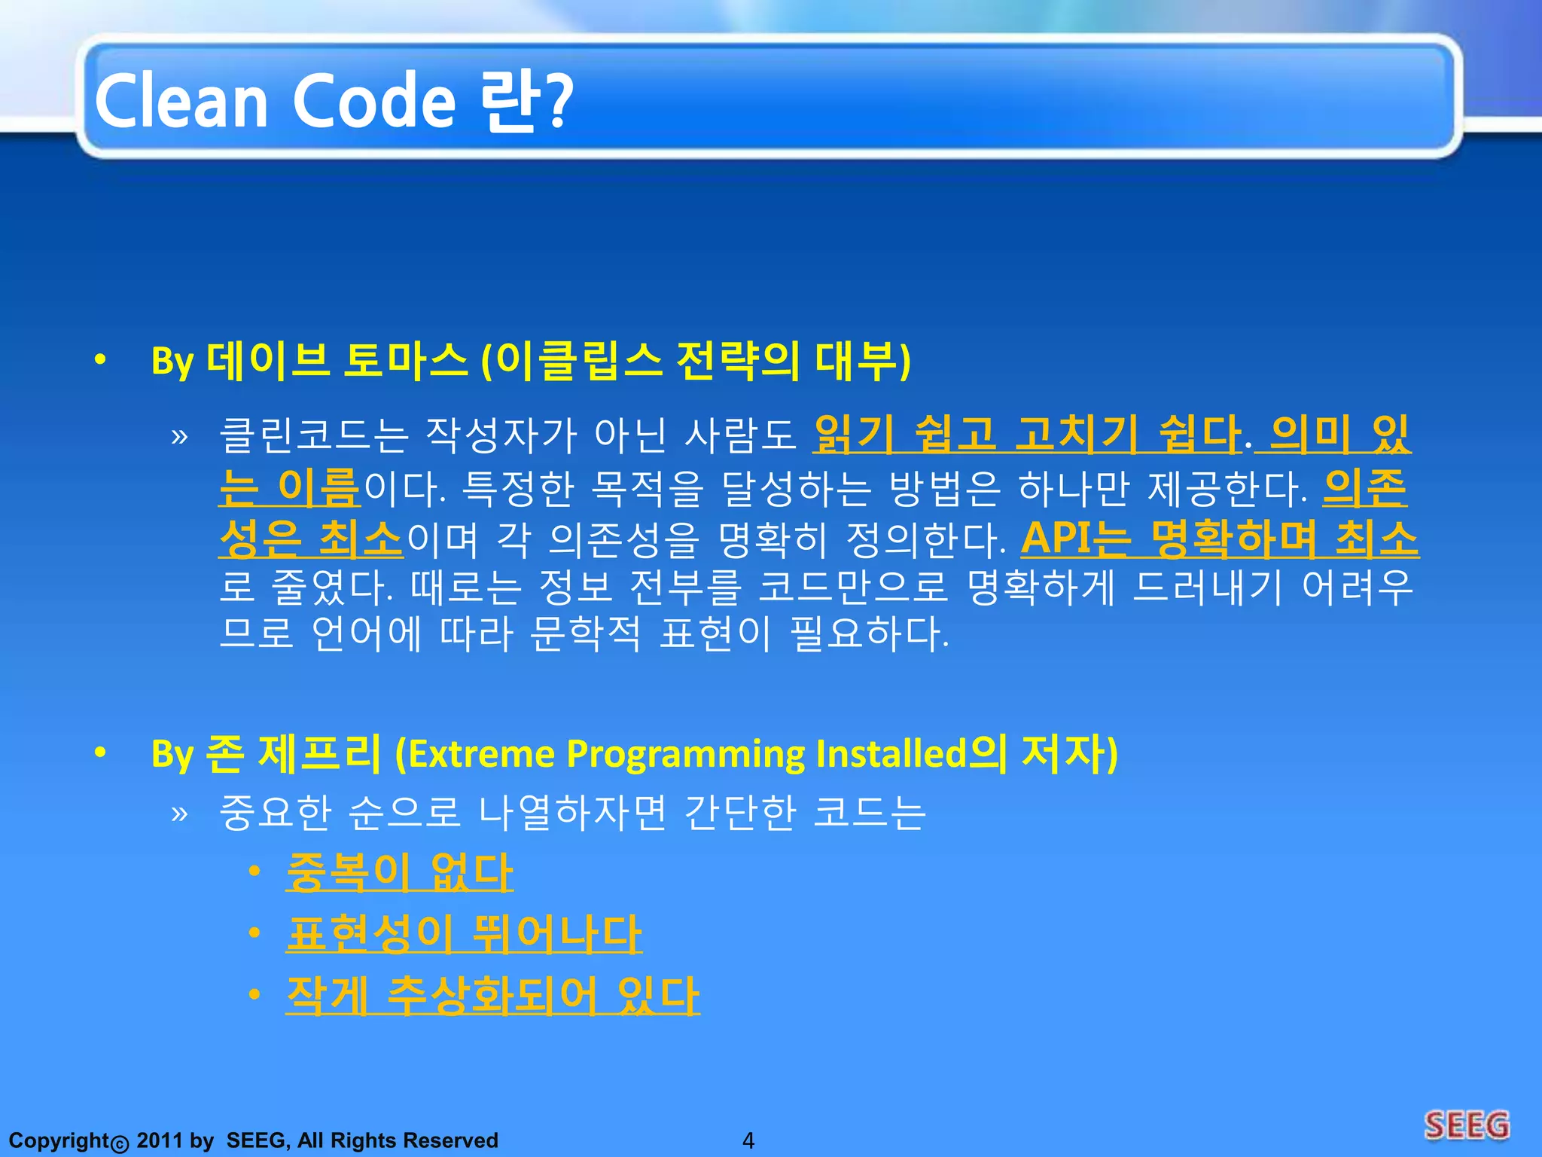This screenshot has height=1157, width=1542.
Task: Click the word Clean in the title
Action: click(x=181, y=102)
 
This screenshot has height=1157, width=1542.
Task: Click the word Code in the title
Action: click(x=373, y=102)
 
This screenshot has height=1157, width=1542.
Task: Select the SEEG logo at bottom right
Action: click(x=1466, y=1125)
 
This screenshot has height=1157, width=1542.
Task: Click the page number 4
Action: click(x=748, y=1140)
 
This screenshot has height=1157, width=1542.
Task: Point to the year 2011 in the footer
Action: click(x=160, y=1140)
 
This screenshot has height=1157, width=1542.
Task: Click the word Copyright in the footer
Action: click(x=59, y=1140)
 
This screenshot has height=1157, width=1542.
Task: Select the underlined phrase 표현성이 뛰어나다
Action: click(x=463, y=934)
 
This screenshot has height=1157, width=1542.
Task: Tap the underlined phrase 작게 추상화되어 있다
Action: click(x=492, y=996)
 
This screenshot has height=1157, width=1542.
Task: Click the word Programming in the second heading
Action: click(x=685, y=754)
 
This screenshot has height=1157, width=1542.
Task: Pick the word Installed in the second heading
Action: click(x=890, y=754)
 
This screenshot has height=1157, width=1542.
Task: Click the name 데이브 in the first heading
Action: click(x=268, y=361)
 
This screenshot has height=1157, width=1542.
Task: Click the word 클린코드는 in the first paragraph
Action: click(x=313, y=436)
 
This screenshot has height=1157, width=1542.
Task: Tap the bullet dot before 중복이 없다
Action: click(x=254, y=872)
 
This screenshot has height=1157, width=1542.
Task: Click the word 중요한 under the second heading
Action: click(x=275, y=813)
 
